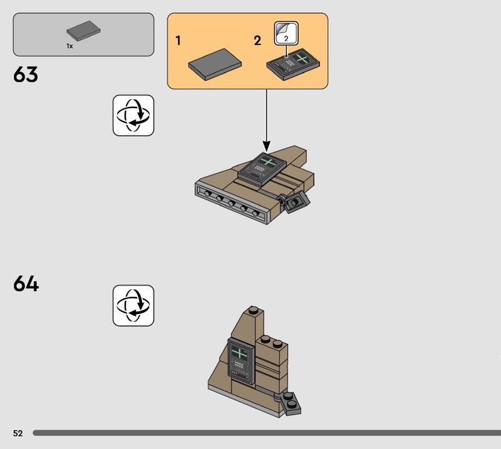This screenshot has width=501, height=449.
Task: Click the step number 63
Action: pyautogui.click(x=26, y=75)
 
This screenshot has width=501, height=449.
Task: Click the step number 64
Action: pyautogui.click(x=26, y=284)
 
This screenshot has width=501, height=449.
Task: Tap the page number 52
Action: pyautogui.click(x=17, y=433)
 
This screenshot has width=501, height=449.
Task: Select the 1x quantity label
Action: pyautogui.click(x=70, y=46)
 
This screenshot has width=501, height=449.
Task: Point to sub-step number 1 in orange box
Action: pyautogui.click(x=178, y=41)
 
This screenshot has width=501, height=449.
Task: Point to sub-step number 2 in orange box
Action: pyautogui.click(x=257, y=41)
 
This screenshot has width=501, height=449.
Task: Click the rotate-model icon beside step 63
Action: pyautogui.click(x=133, y=115)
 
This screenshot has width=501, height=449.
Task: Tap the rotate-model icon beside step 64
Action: pyautogui.click(x=133, y=305)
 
